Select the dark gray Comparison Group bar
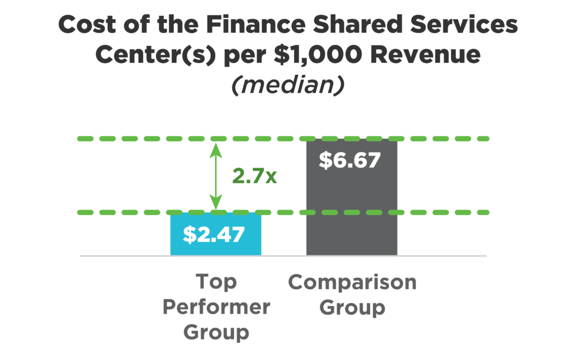[x=351, y=213]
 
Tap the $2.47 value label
[x=215, y=234]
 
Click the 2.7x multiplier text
[x=254, y=175]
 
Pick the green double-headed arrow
[x=215, y=176]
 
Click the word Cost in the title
[x=89, y=25]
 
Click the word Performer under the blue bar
[x=216, y=307]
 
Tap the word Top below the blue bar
[x=216, y=282]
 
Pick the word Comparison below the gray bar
[x=352, y=282]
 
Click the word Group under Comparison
[x=352, y=307]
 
